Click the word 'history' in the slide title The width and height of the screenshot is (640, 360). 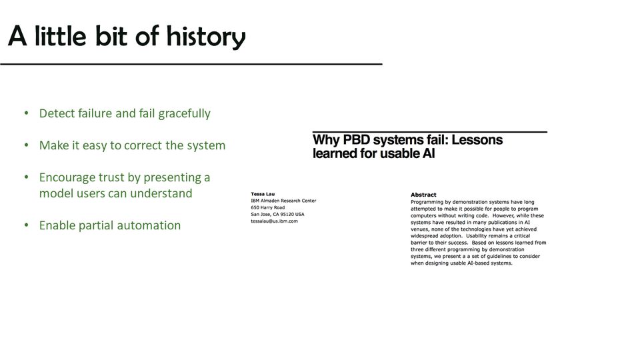206,37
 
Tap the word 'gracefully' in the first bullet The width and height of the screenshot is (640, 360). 185,113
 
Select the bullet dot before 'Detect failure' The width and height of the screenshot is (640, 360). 27,113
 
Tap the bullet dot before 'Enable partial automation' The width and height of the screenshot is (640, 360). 27,225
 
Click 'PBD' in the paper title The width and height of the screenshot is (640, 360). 356,139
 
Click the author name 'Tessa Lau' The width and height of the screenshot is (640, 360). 263,194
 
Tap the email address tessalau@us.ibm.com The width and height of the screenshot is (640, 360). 274,221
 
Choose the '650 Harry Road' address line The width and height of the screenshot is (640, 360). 268,207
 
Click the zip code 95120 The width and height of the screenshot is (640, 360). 287,214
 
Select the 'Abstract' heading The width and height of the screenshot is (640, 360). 423,195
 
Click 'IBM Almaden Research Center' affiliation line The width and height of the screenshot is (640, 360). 284,201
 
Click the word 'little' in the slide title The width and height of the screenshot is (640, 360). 61,36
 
